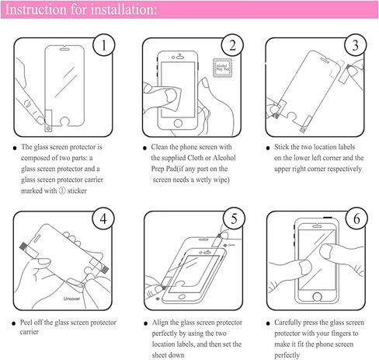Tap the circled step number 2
[229, 46]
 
